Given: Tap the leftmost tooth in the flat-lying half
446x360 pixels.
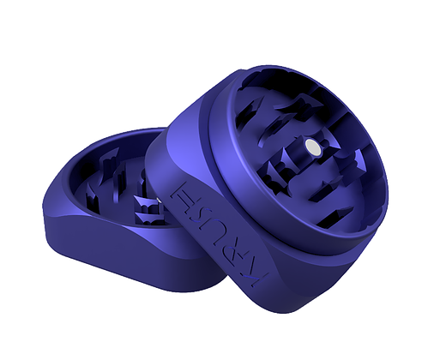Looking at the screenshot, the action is coord(92,198).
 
